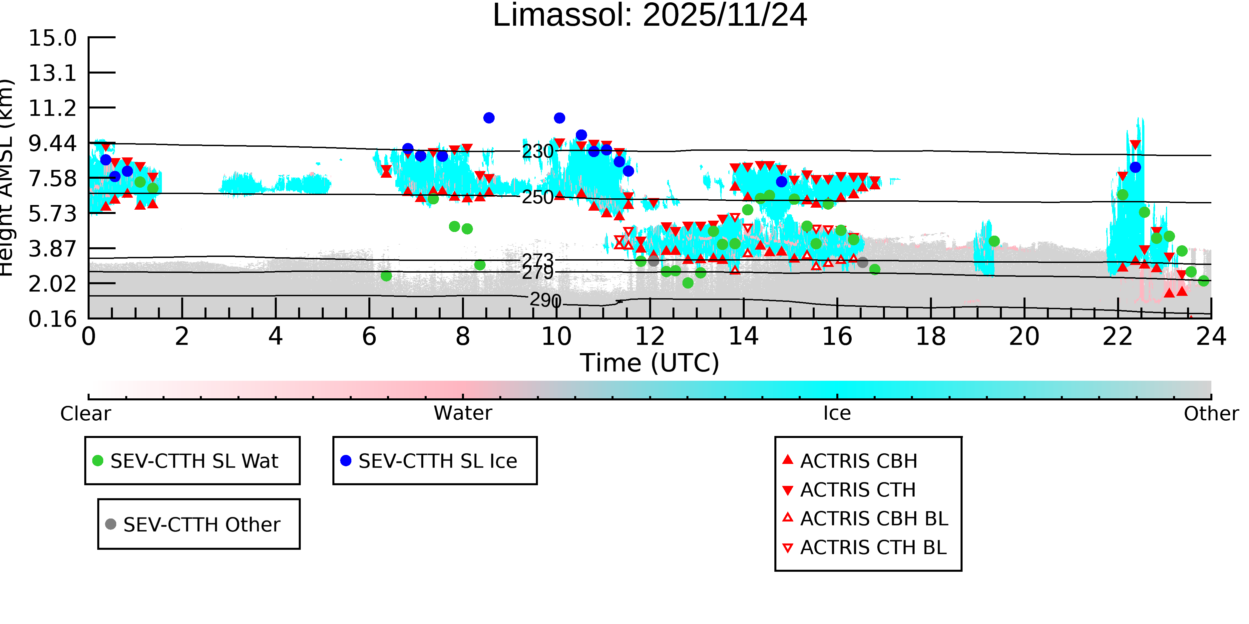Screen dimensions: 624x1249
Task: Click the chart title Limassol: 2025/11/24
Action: click(x=650, y=16)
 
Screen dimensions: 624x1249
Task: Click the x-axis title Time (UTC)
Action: click(x=650, y=363)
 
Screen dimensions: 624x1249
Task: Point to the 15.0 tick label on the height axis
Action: click(x=52, y=38)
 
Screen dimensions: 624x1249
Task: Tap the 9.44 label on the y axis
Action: click(x=52, y=143)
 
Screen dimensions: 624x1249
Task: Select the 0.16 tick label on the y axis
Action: click(x=52, y=319)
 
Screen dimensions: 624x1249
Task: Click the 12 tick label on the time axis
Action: click(x=650, y=337)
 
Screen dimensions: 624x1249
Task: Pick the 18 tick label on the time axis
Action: click(x=931, y=337)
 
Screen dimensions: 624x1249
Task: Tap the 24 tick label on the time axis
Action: click(x=1211, y=337)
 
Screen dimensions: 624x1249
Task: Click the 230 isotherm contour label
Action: click(x=537, y=152)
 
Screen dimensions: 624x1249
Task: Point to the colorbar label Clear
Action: click(x=85, y=414)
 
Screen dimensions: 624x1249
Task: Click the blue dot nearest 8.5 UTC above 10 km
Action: click(x=489, y=118)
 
